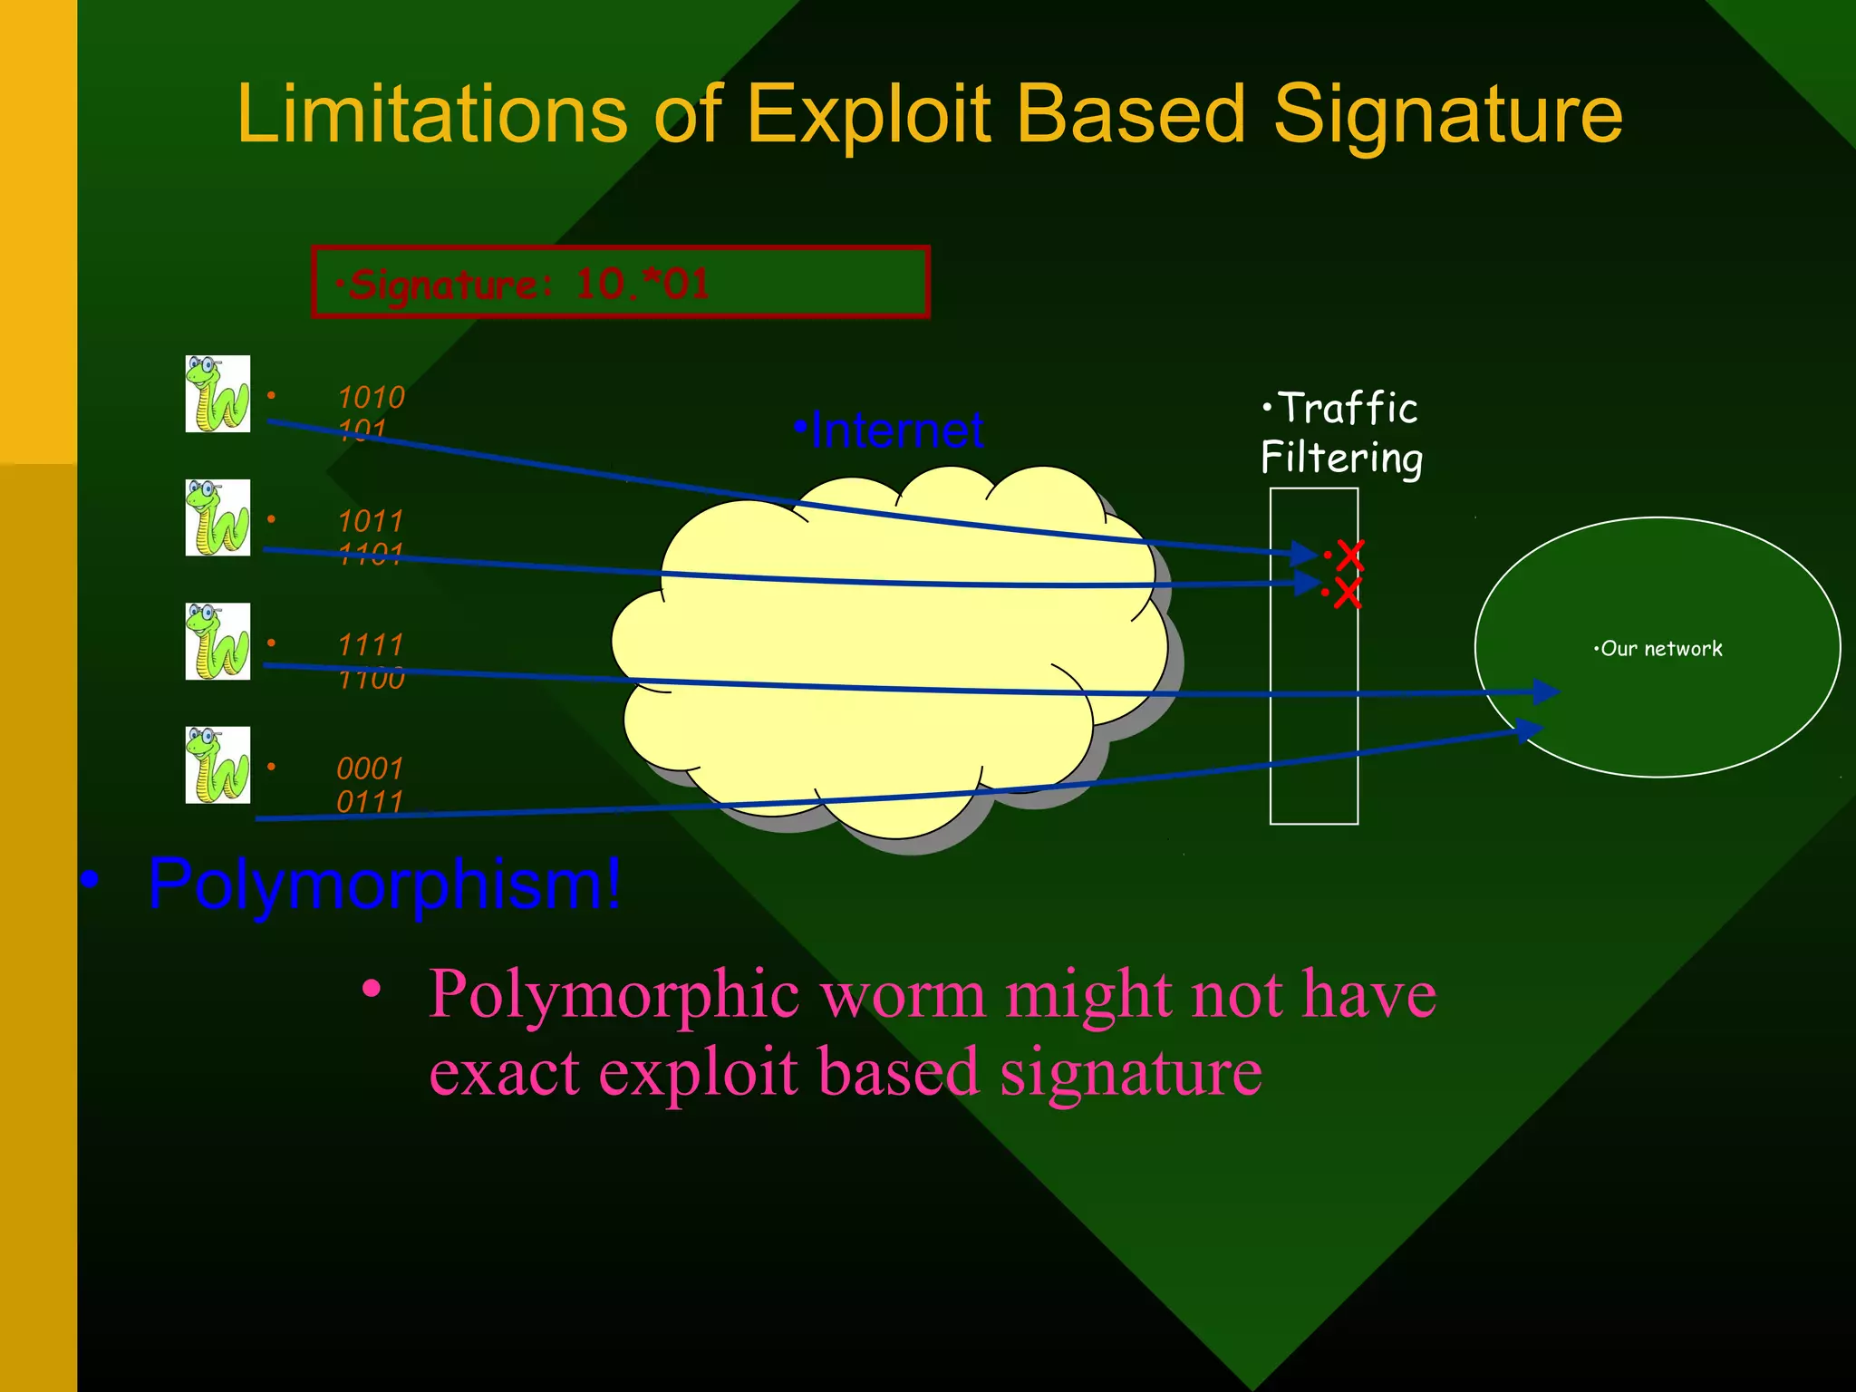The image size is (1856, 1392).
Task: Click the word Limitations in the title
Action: click(431, 115)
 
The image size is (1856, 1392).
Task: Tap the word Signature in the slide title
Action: click(1447, 115)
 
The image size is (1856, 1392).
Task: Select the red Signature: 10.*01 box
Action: click(621, 283)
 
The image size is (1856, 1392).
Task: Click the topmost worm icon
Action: click(217, 394)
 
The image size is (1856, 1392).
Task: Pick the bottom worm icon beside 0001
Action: click(217, 766)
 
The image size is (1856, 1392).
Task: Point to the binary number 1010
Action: click(371, 398)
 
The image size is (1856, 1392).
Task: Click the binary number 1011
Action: click(371, 521)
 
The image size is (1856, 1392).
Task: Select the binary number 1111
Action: click(371, 645)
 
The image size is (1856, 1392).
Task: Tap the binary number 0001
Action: click(370, 768)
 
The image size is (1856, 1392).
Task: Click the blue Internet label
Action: click(896, 430)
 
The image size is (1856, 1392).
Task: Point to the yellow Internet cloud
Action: click(888, 652)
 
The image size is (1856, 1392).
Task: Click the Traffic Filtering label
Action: click(1342, 433)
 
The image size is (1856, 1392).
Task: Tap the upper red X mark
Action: click(1349, 555)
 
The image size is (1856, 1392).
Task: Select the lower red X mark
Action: click(1347, 594)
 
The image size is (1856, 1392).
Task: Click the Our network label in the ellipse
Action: click(1660, 649)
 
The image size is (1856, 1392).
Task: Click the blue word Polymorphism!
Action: click(385, 884)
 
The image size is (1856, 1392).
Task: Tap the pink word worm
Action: click(902, 994)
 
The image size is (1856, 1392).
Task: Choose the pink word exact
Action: click(503, 1072)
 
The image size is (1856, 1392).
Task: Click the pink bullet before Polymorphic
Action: click(371, 989)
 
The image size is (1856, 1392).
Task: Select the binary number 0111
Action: click(370, 802)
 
